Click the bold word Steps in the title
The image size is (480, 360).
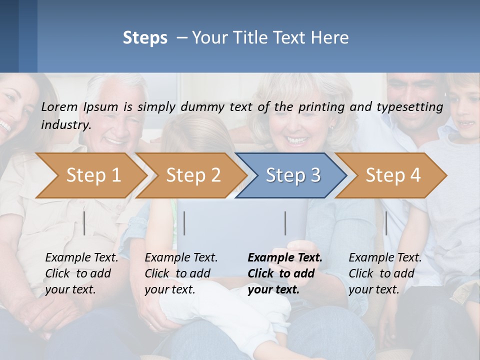coord(145,38)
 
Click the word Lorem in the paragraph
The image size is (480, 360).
coord(59,106)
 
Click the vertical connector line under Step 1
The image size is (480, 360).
coord(84,223)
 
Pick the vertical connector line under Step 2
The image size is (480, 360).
coord(184,223)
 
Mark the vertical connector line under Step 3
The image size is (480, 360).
coord(285,223)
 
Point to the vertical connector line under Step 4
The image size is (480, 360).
coord(386,223)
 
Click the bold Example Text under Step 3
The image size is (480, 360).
coord(285,258)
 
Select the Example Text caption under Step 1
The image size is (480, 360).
coord(81,258)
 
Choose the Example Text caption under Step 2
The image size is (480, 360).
coord(181,258)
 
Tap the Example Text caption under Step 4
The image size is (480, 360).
coord(385,258)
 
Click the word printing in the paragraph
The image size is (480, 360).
coord(321,106)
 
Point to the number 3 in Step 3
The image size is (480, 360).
coord(315,175)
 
